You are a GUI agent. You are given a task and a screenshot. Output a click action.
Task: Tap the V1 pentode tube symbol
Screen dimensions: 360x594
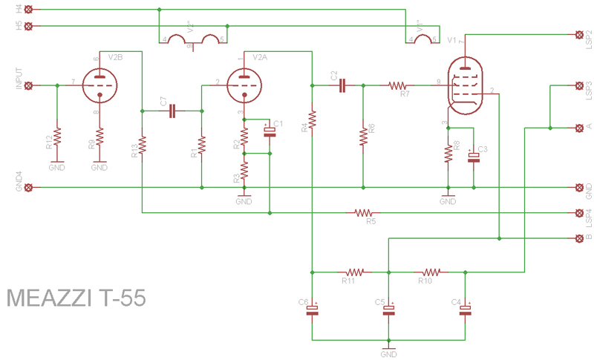(x=466, y=86)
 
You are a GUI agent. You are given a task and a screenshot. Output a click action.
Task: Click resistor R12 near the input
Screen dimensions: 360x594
(x=57, y=137)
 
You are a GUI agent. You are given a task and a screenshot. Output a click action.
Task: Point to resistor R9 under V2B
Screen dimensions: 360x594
(x=99, y=137)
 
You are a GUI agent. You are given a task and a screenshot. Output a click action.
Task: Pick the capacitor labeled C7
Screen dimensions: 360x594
(x=172, y=111)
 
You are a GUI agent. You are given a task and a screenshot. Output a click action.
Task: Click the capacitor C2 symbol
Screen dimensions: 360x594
(x=342, y=85)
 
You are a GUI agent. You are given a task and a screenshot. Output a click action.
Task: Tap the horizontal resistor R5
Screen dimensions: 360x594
(x=364, y=213)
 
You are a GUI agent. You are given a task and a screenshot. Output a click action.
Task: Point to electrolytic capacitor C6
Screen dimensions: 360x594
(x=313, y=310)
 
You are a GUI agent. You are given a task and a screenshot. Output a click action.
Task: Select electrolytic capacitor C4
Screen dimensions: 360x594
(x=466, y=310)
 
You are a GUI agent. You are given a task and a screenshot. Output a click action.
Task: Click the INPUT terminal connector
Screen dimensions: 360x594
(x=29, y=85)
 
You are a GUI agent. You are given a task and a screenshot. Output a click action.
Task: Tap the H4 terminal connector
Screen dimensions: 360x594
(x=29, y=10)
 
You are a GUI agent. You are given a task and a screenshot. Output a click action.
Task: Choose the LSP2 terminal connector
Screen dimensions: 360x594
(x=580, y=34)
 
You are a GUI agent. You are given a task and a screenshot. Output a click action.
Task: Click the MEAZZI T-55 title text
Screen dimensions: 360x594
(x=76, y=299)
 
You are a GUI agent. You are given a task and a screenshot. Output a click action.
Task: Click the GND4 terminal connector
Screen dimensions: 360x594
(x=29, y=187)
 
